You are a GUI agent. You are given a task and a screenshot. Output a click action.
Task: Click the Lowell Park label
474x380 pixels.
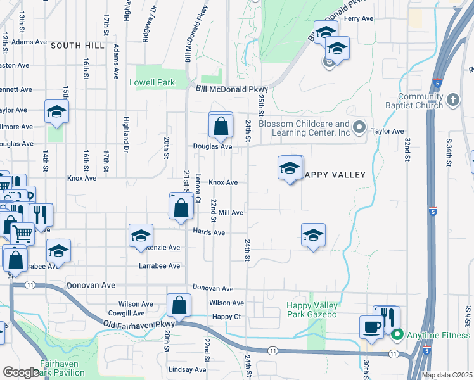coord(152,82)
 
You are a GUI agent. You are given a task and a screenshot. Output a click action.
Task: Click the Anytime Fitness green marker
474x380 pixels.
coord(397,335)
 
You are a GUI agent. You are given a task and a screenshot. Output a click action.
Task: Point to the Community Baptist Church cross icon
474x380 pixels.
coord(452,99)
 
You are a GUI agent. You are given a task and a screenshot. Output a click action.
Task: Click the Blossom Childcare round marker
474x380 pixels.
coord(359,128)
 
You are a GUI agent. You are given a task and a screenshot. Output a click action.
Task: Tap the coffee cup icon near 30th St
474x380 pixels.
coord(371,326)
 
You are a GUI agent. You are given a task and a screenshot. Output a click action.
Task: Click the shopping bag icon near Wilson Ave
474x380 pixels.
coord(179,305)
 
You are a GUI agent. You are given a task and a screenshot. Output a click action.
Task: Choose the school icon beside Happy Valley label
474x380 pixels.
coord(290,168)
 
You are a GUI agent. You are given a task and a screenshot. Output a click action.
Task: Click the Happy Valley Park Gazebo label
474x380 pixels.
coord(311,310)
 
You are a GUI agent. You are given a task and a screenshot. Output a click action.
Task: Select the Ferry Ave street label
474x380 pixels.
coord(359,19)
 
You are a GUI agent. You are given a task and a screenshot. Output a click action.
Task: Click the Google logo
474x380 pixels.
coord(21,372)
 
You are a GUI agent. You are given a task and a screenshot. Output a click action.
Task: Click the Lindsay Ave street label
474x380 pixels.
coord(188,369)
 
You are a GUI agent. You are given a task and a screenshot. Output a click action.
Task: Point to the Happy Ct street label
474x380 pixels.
coord(227,317)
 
